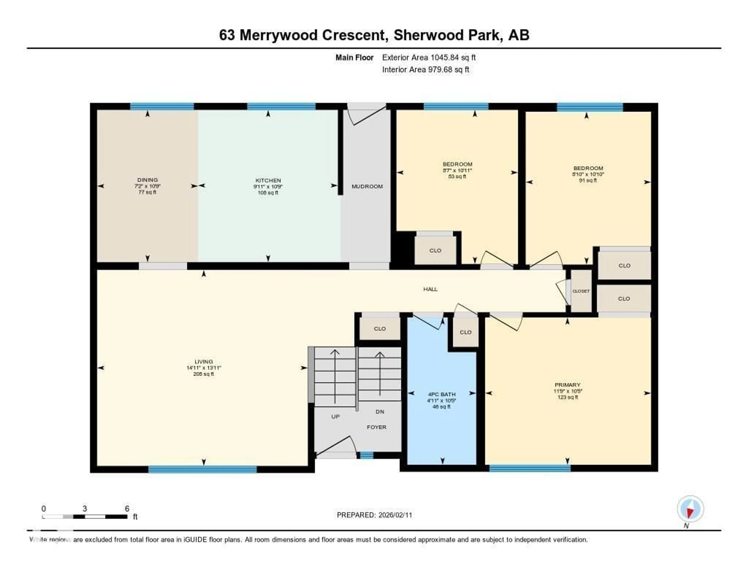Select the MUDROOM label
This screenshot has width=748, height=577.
pyautogui.click(x=367, y=186)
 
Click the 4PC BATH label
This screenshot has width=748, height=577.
pyautogui.click(x=441, y=394)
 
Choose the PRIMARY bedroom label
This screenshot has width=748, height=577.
pyautogui.click(x=567, y=385)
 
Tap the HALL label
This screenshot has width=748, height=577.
pyautogui.click(x=430, y=289)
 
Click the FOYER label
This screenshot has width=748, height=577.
pyautogui.click(x=376, y=427)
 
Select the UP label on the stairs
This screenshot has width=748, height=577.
pyautogui.click(x=335, y=417)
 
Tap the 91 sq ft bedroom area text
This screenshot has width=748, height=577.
pyautogui.click(x=588, y=180)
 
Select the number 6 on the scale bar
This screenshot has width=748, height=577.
pyautogui.click(x=127, y=509)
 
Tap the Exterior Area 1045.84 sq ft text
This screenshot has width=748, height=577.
pyautogui.click(x=429, y=57)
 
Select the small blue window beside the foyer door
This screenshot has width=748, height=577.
pyautogui.click(x=366, y=455)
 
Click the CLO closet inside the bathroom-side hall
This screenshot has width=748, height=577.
pyautogui.click(x=465, y=332)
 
